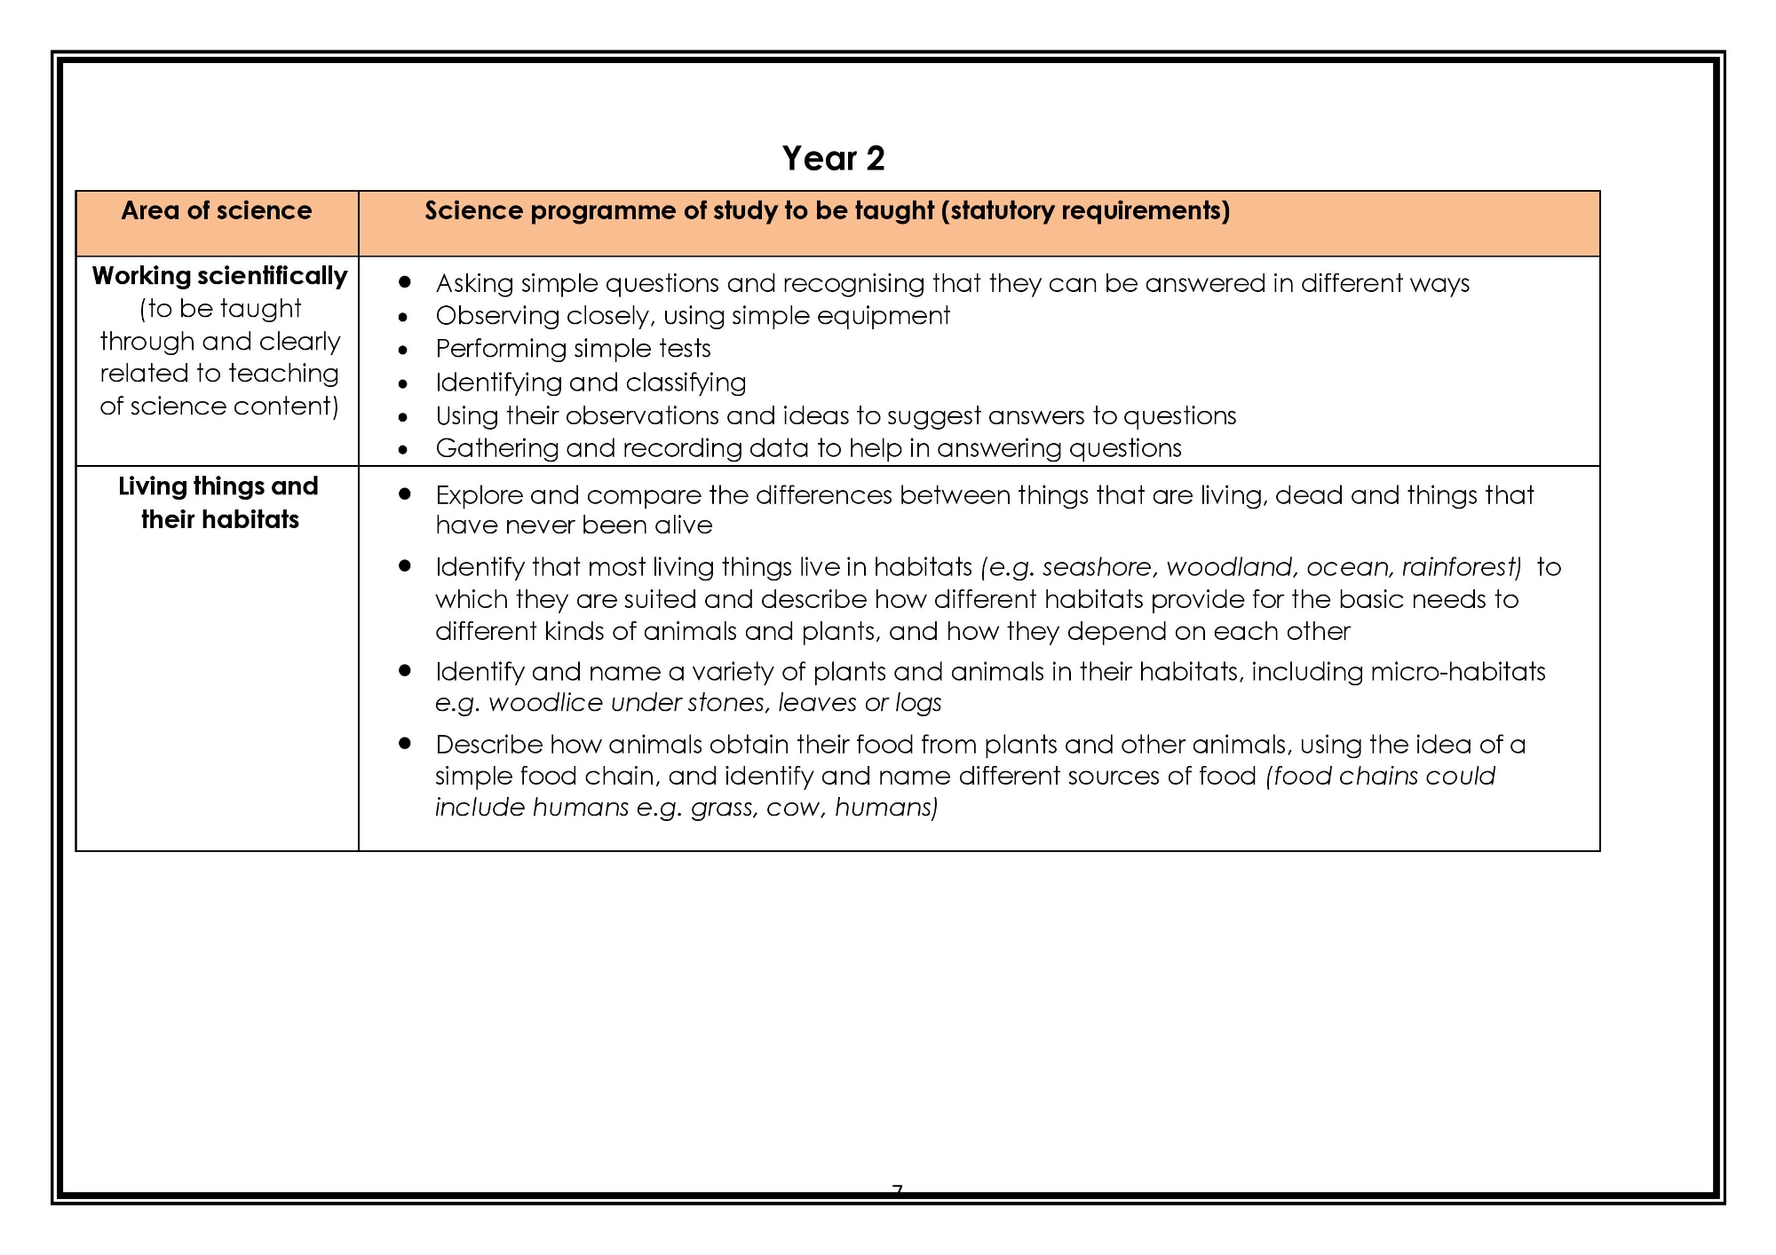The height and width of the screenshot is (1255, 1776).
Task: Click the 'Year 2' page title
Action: click(833, 158)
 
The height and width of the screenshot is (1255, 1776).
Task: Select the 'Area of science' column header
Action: click(217, 210)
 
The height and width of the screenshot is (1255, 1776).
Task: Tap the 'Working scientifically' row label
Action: click(219, 276)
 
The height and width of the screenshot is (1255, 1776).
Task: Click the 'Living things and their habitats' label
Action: click(219, 502)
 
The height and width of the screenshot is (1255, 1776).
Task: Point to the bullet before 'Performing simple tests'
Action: click(403, 351)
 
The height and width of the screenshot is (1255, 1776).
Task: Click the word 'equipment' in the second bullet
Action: click(892, 316)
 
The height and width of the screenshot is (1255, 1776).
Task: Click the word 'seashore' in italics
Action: click(1098, 567)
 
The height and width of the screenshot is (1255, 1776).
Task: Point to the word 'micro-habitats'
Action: click(1458, 672)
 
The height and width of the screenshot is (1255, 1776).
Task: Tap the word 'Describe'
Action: click(488, 745)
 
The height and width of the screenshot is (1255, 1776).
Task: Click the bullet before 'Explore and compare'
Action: click(405, 493)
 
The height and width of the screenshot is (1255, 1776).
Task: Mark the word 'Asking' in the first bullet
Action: click(474, 284)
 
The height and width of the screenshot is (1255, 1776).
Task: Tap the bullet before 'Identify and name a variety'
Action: click(405, 671)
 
